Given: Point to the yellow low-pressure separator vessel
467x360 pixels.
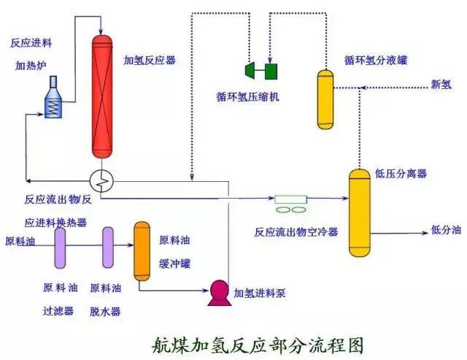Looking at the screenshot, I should (x=360, y=211).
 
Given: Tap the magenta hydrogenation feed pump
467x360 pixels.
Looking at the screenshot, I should (x=217, y=291).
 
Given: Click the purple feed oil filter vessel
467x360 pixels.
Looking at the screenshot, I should (x=61, y=248).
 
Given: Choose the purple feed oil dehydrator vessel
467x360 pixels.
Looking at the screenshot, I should (x=108, y=248).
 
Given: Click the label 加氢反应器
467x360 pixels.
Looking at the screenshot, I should (x=150, y=59).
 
